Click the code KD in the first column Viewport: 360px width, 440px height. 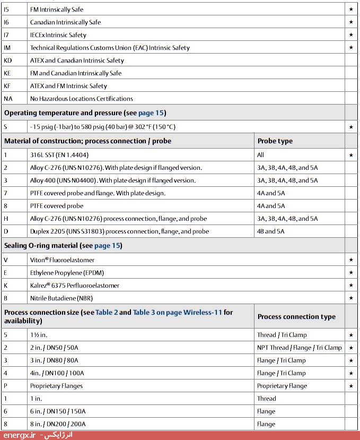pos(7,61)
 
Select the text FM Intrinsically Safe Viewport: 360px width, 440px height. pos(57,10)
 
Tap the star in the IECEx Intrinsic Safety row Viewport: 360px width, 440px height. pos(351,35)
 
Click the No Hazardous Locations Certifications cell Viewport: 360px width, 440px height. pos(81,99)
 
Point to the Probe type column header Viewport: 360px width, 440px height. pos(275,141)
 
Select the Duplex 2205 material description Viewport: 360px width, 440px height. pos(119,231)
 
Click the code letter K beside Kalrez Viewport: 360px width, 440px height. pos(6,286)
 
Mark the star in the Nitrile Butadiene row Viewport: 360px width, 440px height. pos(351,298)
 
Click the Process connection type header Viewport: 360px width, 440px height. pos(296,317)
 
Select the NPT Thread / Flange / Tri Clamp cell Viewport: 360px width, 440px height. pos(299,348)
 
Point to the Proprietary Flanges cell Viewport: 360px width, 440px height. pos(56,386)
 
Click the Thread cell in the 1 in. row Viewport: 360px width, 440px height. pos(266,399)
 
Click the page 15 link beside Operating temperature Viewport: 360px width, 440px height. pos(152,113)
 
